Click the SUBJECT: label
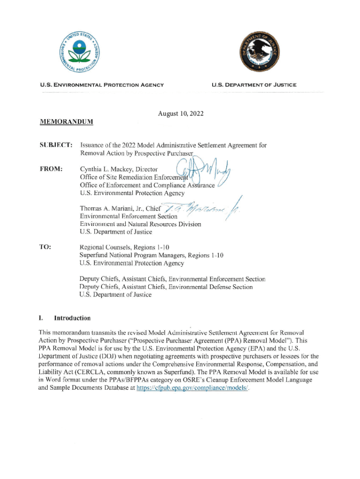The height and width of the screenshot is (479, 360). (x=53, y=145)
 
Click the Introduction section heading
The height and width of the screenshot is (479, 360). (x=72, y=318)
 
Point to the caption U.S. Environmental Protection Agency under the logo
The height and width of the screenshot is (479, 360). (x=102, y=85)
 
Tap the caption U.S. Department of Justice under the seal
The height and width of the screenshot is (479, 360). (x=254, y=85)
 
